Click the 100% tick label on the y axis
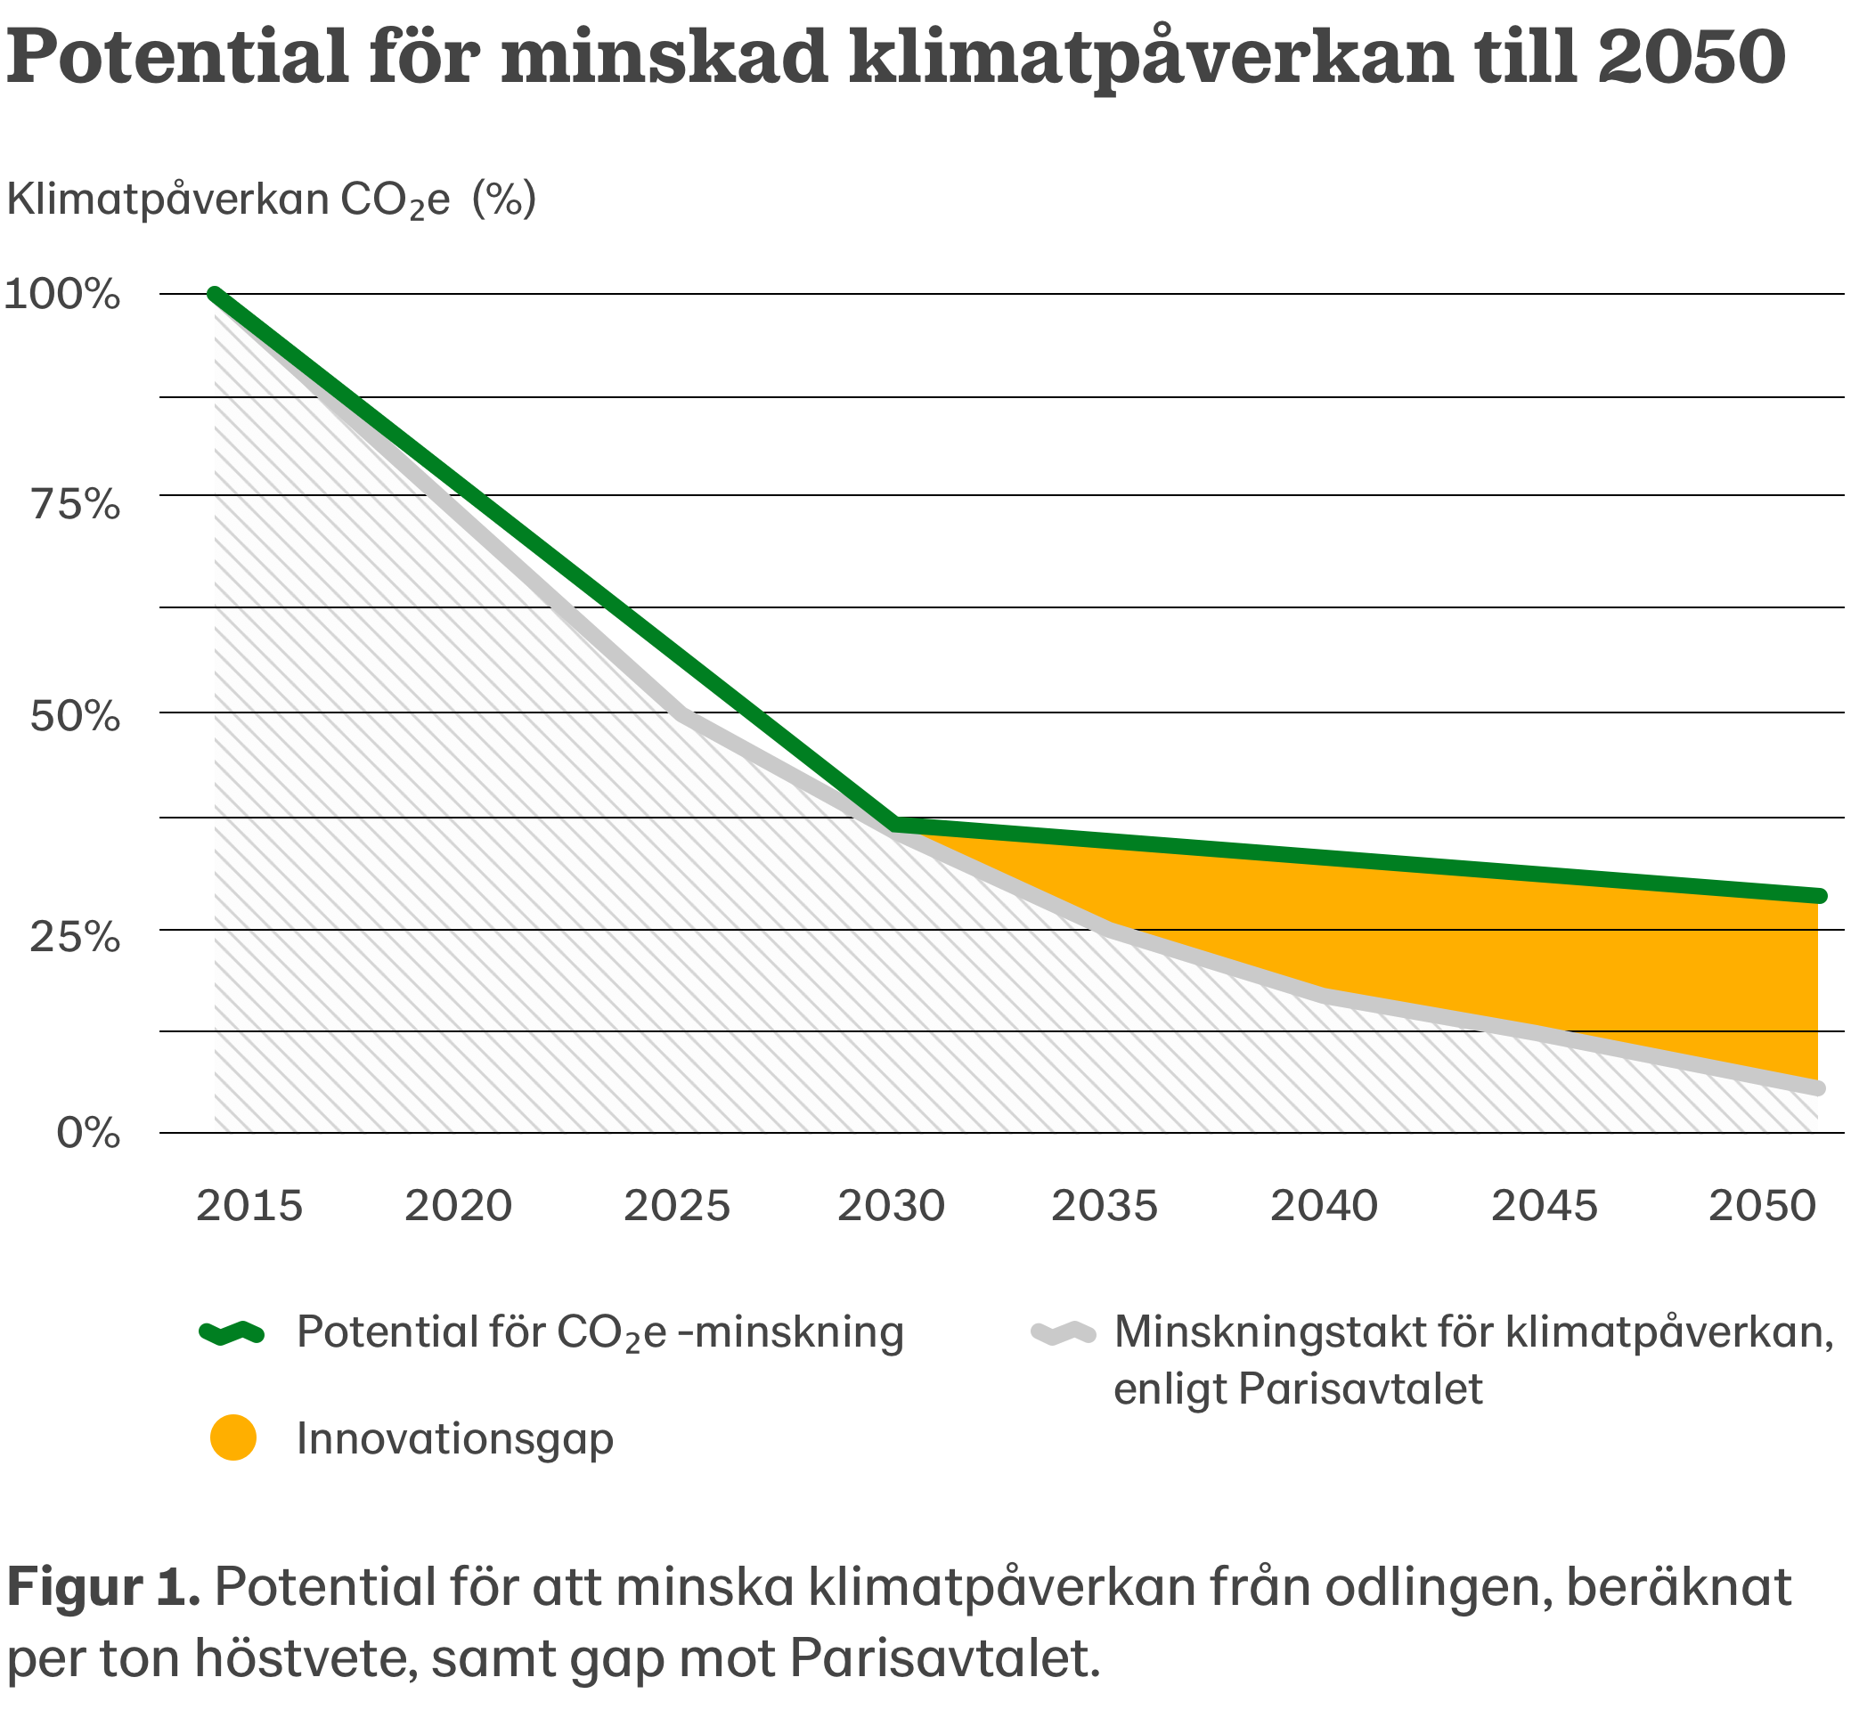tap(62, 294)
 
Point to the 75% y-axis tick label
tap(76, 505)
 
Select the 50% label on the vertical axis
tap(75, 716)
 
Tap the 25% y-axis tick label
tap(75, 937)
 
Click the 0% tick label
tap(88, 1133)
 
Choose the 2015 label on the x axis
tap(249, 1206)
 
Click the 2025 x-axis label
tap(677, 1206)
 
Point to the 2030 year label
tap(891, 1206)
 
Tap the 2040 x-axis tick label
tap(1324, 1206)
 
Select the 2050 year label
tap(1762, 1206)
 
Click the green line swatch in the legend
tap(232, 1332)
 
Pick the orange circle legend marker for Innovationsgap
tap(232, 1438)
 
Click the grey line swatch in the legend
tap(1064, 1332)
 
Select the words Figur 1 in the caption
tap(102, 1588)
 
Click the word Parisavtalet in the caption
tap(943, 1657)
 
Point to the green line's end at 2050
tap(1819, 896)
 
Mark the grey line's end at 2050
tap(1819, 1088)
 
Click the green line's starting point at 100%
tap(215, 295)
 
